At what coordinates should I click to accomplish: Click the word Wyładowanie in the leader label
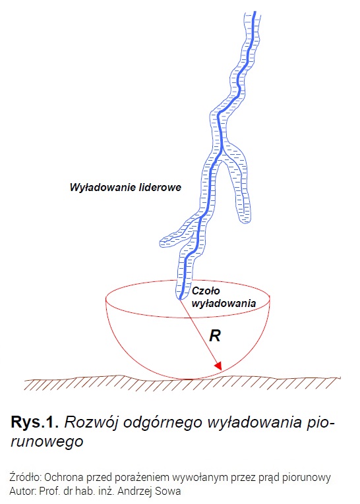103,187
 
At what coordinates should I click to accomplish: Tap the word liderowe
160,187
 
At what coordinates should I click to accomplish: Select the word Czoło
206,291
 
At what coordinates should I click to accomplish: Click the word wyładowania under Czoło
224,304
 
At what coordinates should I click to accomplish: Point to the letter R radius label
215,336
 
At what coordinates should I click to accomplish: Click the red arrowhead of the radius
219,366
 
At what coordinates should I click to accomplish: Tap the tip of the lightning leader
179,299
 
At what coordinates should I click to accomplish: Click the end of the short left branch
161,242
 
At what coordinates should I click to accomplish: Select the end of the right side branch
245,221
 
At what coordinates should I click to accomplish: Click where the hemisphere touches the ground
188,379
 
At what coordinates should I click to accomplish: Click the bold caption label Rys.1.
35,422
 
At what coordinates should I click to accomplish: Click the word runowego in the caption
47,442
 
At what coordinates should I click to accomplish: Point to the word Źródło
25,478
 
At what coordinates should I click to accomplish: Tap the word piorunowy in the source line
307,478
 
